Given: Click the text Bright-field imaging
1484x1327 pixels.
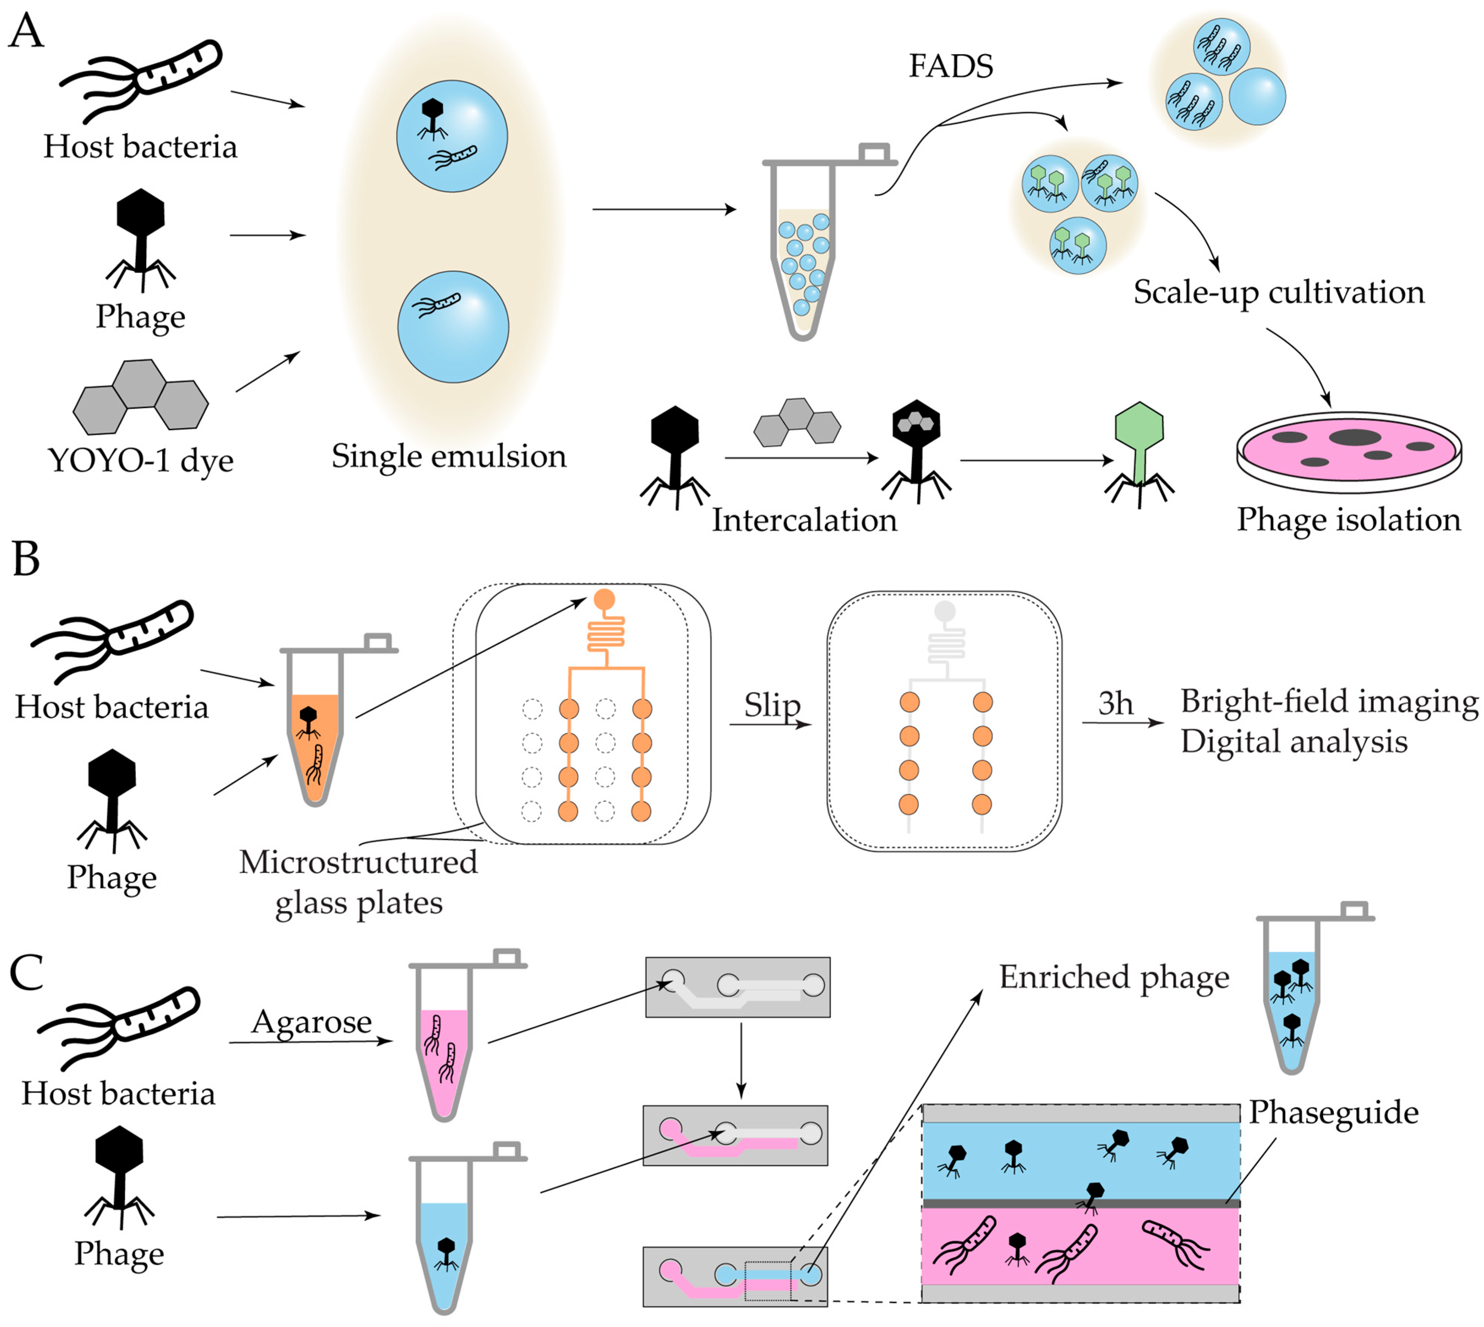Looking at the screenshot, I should coord(1329,701).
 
